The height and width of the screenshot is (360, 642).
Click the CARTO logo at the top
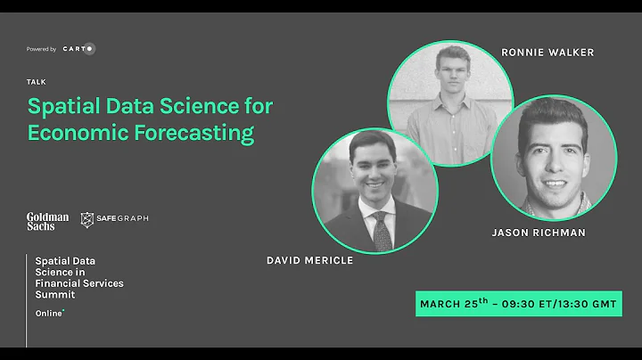pyautogui.click(x=78, y=49)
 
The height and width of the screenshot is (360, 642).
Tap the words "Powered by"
pyautogui.click(x=41, y=50)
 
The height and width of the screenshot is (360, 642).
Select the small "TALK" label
pyautogui.click(x=37, y=81)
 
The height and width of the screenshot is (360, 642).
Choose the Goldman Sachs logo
pyautogui.click(x=47, y=221)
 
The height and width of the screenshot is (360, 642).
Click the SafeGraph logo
pyautogui.click(x=114, y=219)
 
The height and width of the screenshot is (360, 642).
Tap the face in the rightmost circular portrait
pyautogui.click(x=553, y=155)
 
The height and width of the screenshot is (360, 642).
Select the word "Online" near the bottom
pyautogui.click(x=48, y=314)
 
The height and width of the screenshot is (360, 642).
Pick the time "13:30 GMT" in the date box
pyautogui.click(x=585, y=304)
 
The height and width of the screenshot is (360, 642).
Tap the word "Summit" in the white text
pyautogui.click(x=53, y=294)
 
